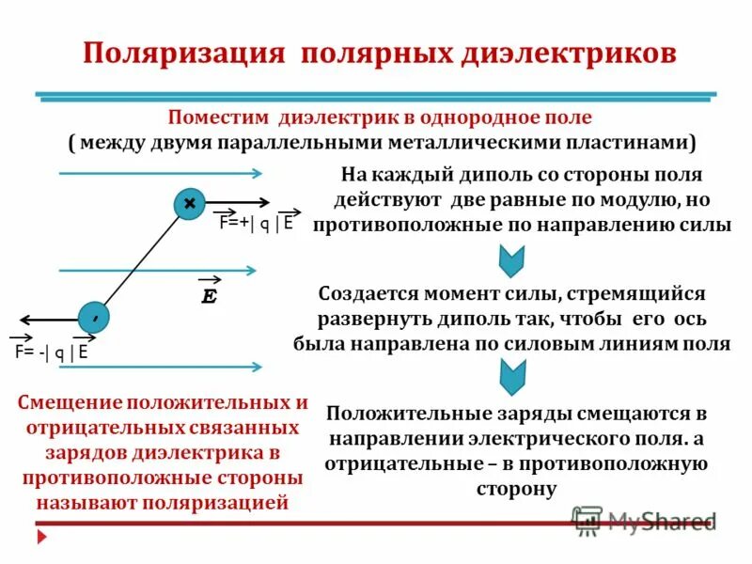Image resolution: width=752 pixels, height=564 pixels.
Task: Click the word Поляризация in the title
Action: tap(183, 52)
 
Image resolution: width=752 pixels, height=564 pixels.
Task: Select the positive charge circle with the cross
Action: tap(190, 203)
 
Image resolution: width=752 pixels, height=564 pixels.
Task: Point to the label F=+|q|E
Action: tap(256, 223)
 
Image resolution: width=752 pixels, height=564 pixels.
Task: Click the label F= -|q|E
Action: tap(51, 352)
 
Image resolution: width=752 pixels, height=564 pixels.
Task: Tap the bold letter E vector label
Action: tap(210, 295)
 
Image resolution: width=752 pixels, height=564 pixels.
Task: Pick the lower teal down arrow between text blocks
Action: tap(510, 375)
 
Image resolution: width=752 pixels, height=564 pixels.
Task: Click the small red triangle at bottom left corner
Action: tap(40, 537)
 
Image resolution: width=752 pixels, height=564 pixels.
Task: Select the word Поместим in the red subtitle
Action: tap(219, 119)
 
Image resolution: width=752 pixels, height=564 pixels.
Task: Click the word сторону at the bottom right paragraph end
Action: tap(516, 489)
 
